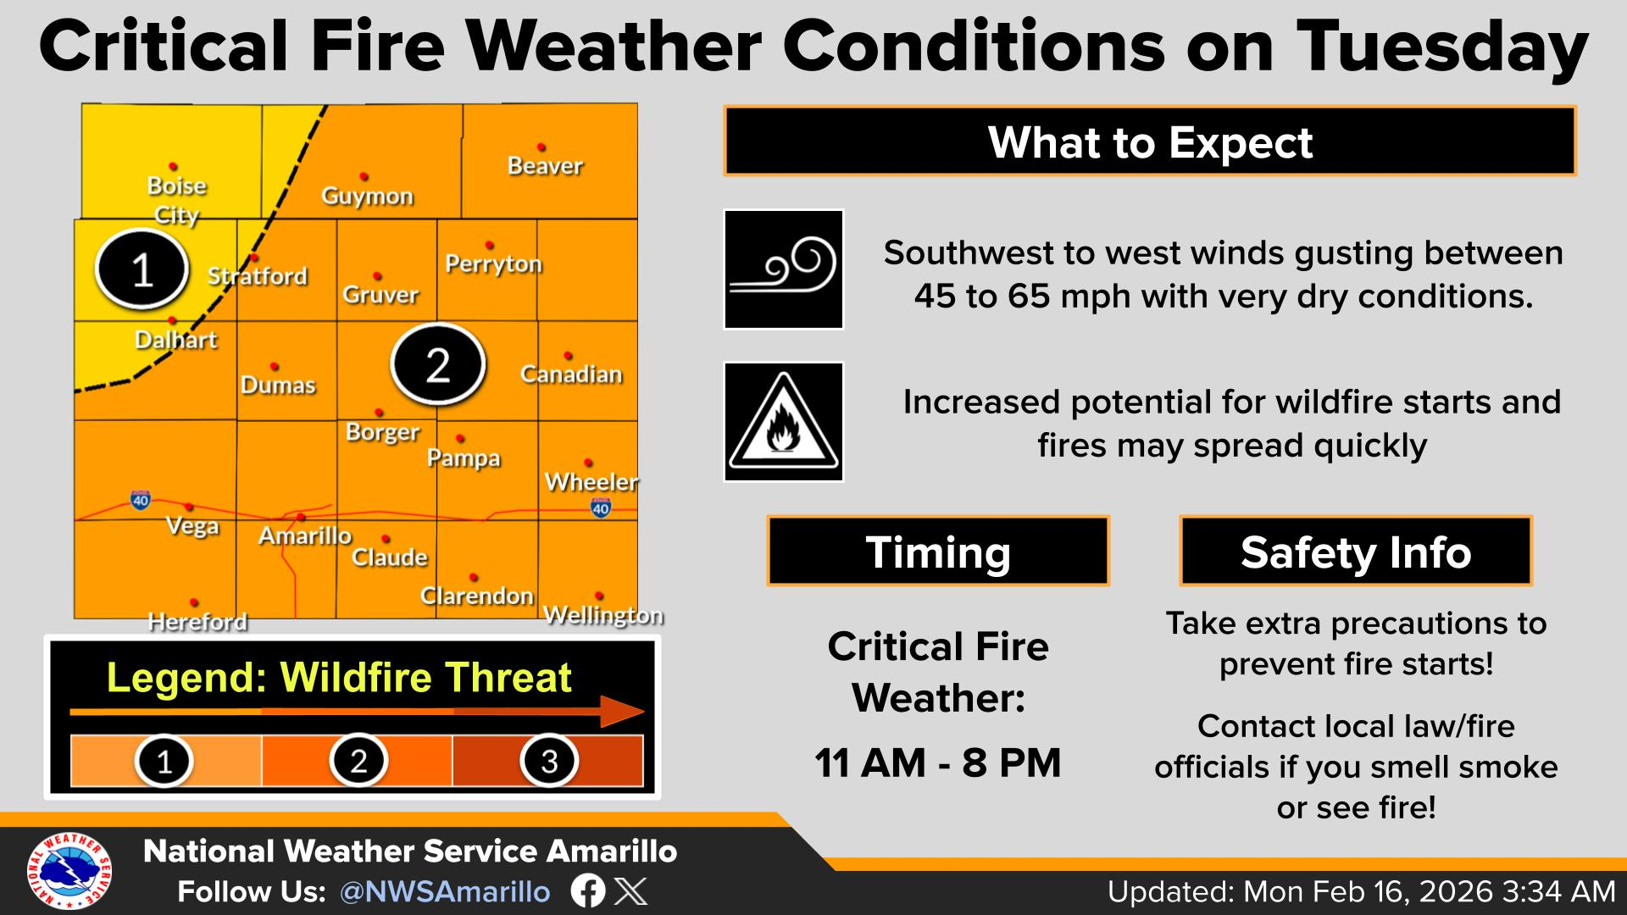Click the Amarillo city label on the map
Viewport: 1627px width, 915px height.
(305, 535)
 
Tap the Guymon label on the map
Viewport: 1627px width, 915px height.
(367, 197)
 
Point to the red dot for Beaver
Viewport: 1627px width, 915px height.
(541, 147)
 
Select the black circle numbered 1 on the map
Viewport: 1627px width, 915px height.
(142, 269)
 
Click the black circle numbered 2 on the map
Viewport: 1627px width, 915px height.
(437, 364)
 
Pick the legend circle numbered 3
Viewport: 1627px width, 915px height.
(549, 760)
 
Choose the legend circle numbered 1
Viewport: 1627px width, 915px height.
(164, 760)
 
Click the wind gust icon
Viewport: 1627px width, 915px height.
(783, 269)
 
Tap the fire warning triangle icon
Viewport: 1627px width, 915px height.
(783, 422)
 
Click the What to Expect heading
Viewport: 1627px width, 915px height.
(1150, 141)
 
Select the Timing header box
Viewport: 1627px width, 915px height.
(938, 552)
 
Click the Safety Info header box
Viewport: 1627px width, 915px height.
(1356, 552)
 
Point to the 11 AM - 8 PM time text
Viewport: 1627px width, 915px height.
(938, 762)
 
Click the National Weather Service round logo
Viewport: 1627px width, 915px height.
(69, 871)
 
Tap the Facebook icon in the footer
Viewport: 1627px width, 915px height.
(588, 891)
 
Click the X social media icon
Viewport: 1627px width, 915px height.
(630, 891)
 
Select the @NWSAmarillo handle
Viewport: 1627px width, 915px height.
(445, 892)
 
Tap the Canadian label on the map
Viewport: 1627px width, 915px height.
(571, 374)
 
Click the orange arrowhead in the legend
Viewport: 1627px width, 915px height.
(623, 712)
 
